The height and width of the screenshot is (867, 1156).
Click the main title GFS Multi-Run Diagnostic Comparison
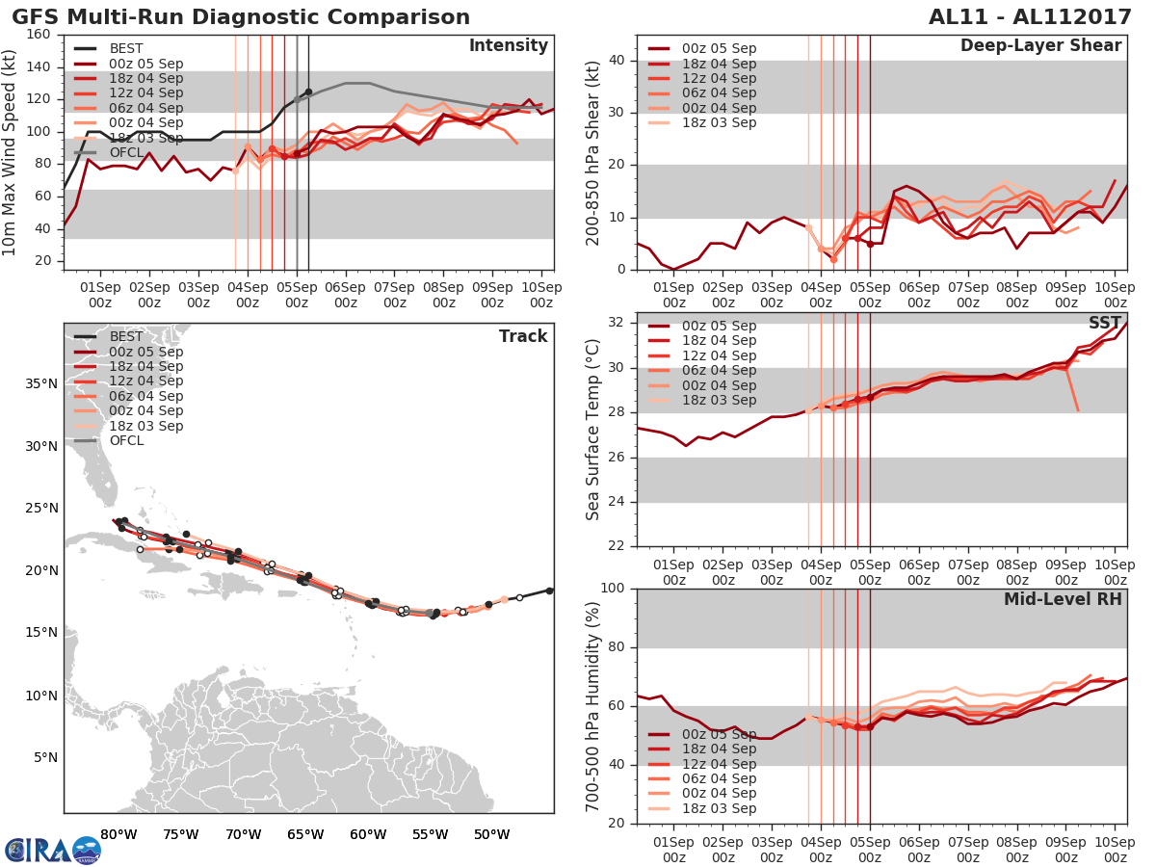(241, 17)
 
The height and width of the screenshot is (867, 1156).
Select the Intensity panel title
(508, 46)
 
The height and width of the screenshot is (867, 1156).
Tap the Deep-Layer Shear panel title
(1040, 46)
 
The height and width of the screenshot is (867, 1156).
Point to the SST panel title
(1104, 324)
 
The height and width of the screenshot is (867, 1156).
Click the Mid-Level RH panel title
(1063, 600)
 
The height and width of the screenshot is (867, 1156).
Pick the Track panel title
(523, 336)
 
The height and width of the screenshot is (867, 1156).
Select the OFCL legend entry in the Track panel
(126, 440)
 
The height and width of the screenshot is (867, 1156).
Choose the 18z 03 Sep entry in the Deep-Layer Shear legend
(719, 122)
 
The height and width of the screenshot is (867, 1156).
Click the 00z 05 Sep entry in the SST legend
(719, 326)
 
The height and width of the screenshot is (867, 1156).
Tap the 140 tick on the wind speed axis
(39, 66)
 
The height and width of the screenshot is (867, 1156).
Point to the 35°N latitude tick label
(41, 383)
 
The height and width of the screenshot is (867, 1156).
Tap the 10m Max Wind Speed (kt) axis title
(11, 152)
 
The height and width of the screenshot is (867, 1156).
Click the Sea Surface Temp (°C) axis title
(593, 429)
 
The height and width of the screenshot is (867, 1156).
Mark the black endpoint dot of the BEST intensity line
(308, 92)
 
